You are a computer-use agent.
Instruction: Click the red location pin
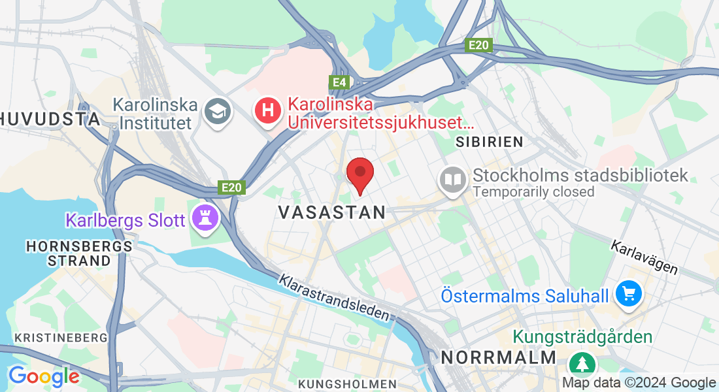click(x=359, y=174)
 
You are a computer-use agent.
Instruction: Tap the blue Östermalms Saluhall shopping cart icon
click(x=629, y=295)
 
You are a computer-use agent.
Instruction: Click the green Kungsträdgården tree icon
click(x=579, y=363)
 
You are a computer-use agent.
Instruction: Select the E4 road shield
click(x=339, y=82)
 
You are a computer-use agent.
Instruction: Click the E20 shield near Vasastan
click(x=231, y=188)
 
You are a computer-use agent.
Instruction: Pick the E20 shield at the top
click(x=478, y=45)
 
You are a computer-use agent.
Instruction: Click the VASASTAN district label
click(x=332, y=212)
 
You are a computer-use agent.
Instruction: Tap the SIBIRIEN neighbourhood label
click(x=490, y=141)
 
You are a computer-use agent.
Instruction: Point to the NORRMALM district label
click(x=498, y=357)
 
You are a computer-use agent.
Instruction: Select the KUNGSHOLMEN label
click(x=347, y=383)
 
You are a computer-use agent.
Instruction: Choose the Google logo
click(x=44, y=376)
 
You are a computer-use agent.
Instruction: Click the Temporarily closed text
click(x=533, y=192)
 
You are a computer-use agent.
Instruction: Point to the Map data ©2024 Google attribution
click(x=639, y=383)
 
